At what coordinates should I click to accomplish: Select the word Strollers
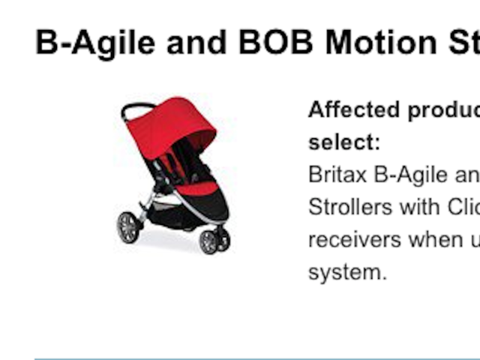pos(352,207)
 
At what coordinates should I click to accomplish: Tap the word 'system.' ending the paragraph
pos(346,272)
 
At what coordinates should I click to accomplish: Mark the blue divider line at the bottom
pos(255,358)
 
